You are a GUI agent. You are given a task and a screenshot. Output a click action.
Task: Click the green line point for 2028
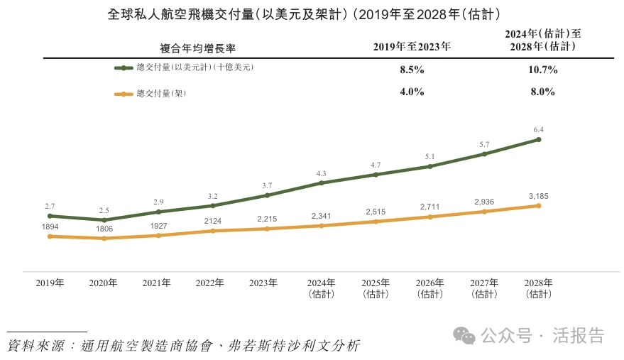pyautogui.click(x=538, y=139)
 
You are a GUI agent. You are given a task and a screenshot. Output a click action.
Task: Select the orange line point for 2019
pyautogui.click(x=50, y=236)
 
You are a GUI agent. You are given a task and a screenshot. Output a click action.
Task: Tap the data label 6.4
pyautogui.click(x=538, y=129)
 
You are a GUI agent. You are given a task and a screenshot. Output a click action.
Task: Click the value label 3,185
pyautogui.click(x=538, y=196)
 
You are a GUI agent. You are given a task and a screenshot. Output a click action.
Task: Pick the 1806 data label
pyautogui.click(x=103, y=228)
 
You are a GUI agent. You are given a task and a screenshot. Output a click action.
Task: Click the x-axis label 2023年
pyautogui.click(x=263, y=283)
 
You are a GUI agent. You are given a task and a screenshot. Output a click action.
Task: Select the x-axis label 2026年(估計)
pyautogui.click(x=431, y=288)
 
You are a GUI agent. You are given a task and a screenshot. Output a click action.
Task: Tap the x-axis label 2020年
pyautogui.click(x=103, y=283)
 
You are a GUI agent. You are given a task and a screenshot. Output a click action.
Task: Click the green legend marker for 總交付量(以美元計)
pyautogui.click(x=124, y=68)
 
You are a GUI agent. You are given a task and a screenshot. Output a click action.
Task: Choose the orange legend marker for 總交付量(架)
pyautogui.click(x=124, y=93)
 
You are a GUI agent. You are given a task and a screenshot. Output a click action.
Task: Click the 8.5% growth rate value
pyautogui.click(x=412, y=70)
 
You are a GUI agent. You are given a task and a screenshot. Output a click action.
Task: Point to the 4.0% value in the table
pyautogui.click(x=412, y=92)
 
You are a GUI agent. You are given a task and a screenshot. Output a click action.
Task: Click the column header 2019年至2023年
pyautogui.click(x=412, y=47)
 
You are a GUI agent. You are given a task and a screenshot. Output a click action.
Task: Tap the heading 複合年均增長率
pyautogui.click(x=198, y=48)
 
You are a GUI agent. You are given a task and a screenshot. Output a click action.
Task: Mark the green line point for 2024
pyautogui.click(x=322, y=182)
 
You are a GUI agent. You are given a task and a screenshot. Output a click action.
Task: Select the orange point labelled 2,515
pyautogui.click(x=376, y=222)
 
